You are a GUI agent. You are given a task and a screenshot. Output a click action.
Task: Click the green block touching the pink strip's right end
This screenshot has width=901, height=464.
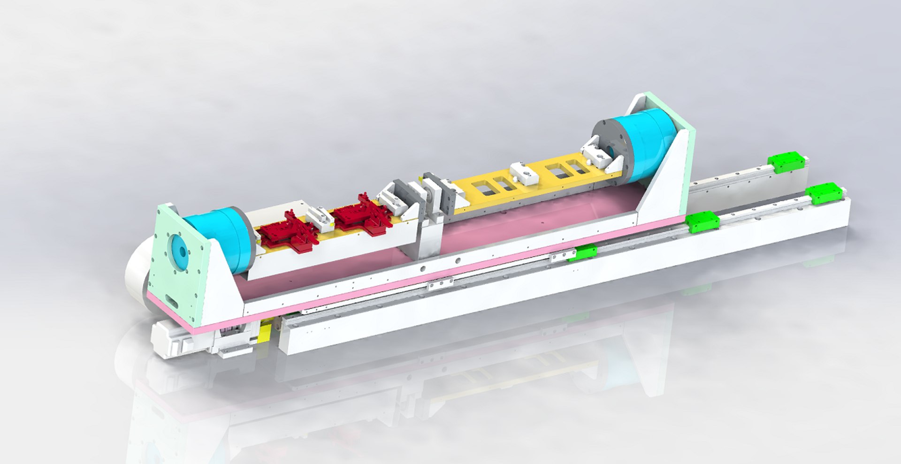pyautogui.click(x=702, y=221)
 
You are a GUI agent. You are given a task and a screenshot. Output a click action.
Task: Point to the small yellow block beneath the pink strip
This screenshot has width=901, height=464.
pyautogui.click(x=264, y=334)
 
